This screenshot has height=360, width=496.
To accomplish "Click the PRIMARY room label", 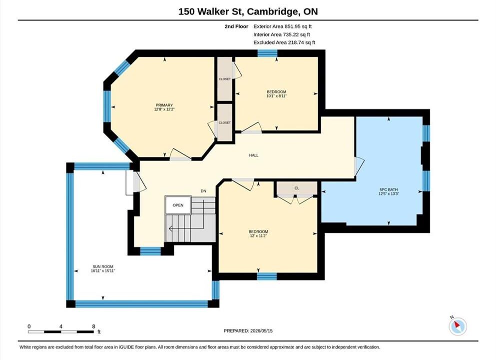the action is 164,105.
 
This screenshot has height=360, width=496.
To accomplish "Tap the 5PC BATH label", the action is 389,189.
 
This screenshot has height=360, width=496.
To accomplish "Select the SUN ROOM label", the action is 103,267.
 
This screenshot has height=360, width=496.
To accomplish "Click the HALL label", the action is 254,155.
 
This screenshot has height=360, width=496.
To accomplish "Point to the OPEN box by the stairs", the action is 178,205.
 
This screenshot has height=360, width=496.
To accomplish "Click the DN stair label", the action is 203,191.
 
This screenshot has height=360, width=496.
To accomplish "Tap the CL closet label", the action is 297,188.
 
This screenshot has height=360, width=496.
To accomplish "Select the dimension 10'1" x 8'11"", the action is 276,96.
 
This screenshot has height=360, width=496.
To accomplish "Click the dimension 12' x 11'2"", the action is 258,236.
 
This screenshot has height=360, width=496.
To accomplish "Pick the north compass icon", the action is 458,325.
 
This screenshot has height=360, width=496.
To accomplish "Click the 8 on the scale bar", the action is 93,326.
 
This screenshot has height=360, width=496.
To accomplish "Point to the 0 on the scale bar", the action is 29,326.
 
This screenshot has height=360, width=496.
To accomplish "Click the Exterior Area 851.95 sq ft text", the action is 283,26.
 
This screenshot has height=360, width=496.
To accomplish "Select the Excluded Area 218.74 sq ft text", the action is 284,42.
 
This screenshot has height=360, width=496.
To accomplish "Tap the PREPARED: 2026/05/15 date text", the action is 248,331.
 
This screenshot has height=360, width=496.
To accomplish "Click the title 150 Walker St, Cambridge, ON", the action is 248,11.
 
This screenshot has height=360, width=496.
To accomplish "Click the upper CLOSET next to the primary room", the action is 225,79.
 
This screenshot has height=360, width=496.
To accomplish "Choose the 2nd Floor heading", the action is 236,26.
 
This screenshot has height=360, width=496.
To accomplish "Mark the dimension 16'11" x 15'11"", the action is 103,271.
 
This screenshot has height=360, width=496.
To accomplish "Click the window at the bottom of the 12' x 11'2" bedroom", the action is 267,276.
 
